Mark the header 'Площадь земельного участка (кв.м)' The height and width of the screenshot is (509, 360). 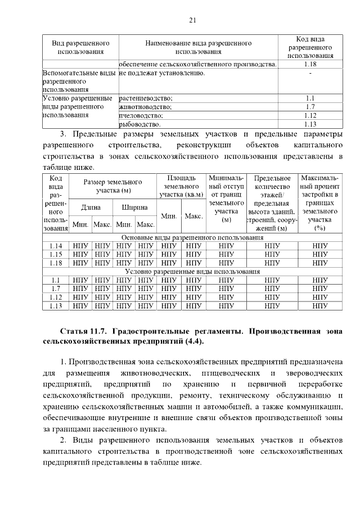tap(181, 186)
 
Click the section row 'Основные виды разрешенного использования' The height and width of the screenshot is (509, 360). tap(192, 237)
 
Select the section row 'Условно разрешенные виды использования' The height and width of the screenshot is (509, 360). tap(192, 271)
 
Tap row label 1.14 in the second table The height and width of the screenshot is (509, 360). tap(56, 246)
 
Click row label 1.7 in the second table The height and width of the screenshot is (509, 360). tap(56, 288)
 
